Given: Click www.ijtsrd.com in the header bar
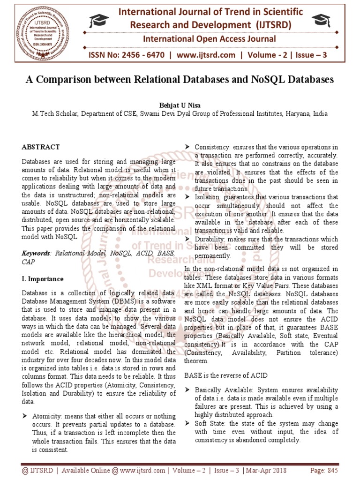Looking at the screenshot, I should click(x=205, y=55).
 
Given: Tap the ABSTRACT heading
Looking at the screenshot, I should click(x=41, y=147).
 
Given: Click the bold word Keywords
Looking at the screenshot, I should click(x=36, y=253).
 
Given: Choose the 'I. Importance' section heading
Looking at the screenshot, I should click(x=43, y=279).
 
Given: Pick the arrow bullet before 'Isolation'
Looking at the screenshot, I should click(x=187, y=197).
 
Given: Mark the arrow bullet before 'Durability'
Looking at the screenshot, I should click(x=187, y=240).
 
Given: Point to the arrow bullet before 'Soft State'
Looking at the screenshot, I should click(x=187, y=424).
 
